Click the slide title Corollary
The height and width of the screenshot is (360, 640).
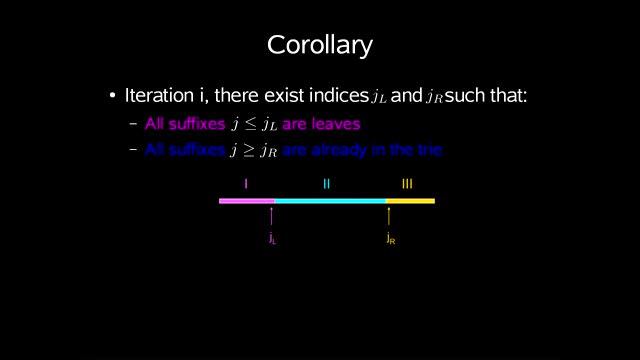click(320, 46)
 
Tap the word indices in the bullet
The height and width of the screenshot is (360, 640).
click(339, 96)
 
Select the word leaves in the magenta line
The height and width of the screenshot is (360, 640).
click(334, 124)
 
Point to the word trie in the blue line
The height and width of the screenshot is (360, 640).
click(429, 150)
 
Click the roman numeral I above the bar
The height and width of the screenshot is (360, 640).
click(246, 183)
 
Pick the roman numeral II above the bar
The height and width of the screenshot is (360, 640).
click(326, 183)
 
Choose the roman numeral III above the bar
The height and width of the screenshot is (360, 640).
click(407, 183)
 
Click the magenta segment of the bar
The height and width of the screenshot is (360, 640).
click(246, 201)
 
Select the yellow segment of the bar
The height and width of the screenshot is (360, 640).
click(410, 201)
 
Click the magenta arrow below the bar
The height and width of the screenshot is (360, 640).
click(272, 216)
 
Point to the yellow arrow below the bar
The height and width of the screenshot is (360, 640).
click(389, 216)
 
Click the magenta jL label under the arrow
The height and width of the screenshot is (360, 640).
click(272, 239)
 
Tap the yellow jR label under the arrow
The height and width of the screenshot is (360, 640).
click(390, 239)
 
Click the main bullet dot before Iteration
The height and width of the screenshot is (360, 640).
click(113, 97)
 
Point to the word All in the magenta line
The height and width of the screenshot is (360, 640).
click(155, 124)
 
